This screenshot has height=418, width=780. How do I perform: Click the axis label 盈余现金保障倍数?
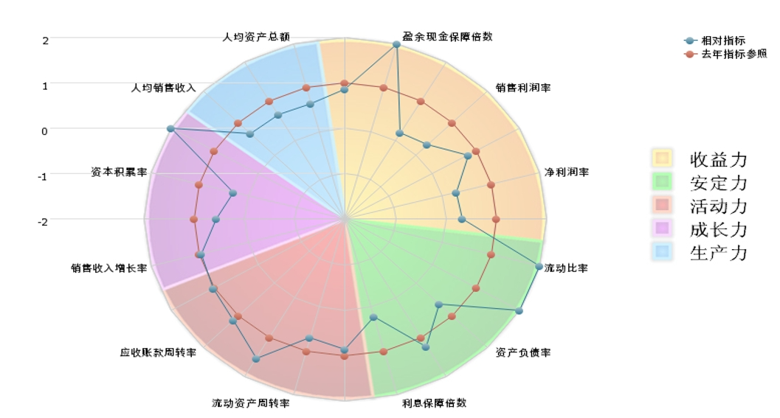click(x=447, y=36)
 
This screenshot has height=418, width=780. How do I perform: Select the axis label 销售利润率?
click(x=523, y=88)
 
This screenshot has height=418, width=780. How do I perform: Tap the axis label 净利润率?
click(x=566, y=173)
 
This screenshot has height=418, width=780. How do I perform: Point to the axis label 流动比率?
click(x=566, y=268)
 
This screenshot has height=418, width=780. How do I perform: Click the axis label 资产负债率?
click(x=522, y=352)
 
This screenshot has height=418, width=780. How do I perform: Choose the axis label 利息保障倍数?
click(x=434, y=403)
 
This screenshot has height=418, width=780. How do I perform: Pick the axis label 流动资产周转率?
click(x=251, y=403)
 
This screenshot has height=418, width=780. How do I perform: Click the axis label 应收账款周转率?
click(x=158, y=352)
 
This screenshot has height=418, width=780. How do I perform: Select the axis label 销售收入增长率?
click(x=108, y=268)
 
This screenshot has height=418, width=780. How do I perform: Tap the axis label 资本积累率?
click(x=119, y=173)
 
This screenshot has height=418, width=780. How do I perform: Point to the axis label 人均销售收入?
click(x=163, y=88)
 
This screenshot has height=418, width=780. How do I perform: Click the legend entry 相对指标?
click(x=722, y=41)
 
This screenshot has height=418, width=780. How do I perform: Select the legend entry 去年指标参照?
click(x=733, y=54)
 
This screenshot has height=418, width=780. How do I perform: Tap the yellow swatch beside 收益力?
click(x=661, y=159)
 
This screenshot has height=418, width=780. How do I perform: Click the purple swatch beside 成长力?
click(x=661, y=229)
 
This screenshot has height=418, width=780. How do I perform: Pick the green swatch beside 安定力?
click(x=661, y=181)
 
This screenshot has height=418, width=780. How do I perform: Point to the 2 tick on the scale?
click(x=45, y=41)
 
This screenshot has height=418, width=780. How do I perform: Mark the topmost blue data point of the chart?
click(x=396, y=45)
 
